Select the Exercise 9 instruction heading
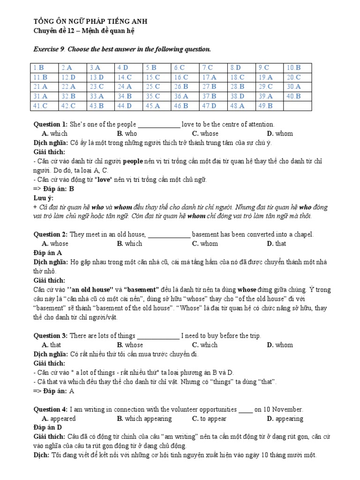pos(122,49)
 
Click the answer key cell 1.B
pos(39,68)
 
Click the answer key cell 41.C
pos(40,106)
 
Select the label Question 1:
pos(51,124)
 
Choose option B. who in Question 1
pos(127,133)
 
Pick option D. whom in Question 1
pos(280,133)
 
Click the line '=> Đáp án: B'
pos(54,189)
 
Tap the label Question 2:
pos(51,234)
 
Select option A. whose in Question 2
pos(55,243)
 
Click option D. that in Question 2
pos(277,243)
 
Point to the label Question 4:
pos(51,409)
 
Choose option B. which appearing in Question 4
pos(144,419)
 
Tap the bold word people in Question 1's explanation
pos(133,161)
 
